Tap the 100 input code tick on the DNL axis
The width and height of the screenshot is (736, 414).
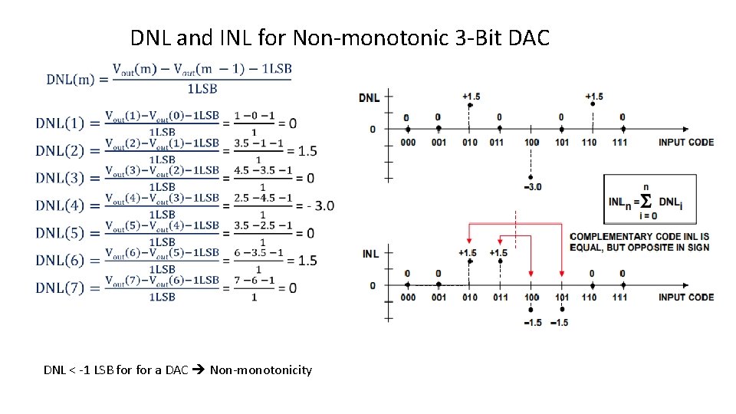click(x=531, y=142)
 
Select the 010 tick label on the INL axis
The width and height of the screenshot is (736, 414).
click(x=469, y=297)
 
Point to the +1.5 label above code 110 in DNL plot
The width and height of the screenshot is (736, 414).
click(x=593, y=97)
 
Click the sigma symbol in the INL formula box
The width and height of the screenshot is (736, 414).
click(x=646, y=202)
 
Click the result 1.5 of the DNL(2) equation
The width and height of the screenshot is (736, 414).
click(x=307, y=151)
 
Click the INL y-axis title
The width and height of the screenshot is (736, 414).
click(x=370, y=254)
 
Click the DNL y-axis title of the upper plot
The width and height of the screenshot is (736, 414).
click(x=368, y=97)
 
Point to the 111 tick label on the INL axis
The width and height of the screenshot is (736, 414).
click(x=620, y=297)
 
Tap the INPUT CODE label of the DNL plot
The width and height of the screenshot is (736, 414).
click(x=685, y=142)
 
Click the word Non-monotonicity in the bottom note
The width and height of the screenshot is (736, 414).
click(x=261, y=370)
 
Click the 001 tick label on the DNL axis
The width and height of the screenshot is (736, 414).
click(x=438, y=142)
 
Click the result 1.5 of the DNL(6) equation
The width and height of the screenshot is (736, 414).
click(x=307, y=261)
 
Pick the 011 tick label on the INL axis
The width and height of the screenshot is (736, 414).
click(x=500, y=297)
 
